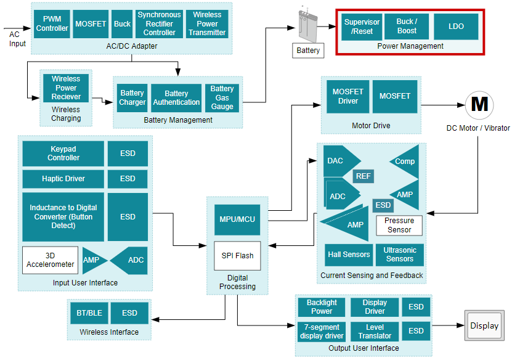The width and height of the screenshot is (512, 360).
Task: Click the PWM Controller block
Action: [x=52, y=24]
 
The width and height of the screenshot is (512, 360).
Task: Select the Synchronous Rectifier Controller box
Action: [x=160, y=24]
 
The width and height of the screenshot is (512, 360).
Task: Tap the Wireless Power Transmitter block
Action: [x=207, y=24]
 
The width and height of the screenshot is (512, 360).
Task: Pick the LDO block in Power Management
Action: [x=456, y=27]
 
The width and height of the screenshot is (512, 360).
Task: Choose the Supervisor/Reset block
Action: [x=362, y=27]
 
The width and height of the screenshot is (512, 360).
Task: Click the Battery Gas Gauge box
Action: [x=222, y=98]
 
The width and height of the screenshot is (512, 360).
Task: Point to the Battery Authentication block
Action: [x=176, y=98]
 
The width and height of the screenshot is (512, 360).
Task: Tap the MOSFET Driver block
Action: [x=347, y=96]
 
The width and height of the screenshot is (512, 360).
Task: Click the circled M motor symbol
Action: [x=479, y=105]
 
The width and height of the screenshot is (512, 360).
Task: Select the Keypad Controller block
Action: [x=63, y=153]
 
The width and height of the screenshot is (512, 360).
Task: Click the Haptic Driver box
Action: [x=63, y=179]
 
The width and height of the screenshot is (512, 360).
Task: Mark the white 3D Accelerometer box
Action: [x=51, y=260]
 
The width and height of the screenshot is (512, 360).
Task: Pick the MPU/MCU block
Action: [x=237, y=219]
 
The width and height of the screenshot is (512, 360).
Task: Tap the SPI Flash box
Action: [x=237, y=255]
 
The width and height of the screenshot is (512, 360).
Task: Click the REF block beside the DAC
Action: [x=364, y=176]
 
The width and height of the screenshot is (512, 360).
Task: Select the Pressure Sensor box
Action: [x=399, y=225]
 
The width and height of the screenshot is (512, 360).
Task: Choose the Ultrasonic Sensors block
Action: [x=399, y=255]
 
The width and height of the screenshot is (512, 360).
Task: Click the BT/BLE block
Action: [x=89, y=313]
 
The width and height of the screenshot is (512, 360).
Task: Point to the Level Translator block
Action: [x=375, y=332]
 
